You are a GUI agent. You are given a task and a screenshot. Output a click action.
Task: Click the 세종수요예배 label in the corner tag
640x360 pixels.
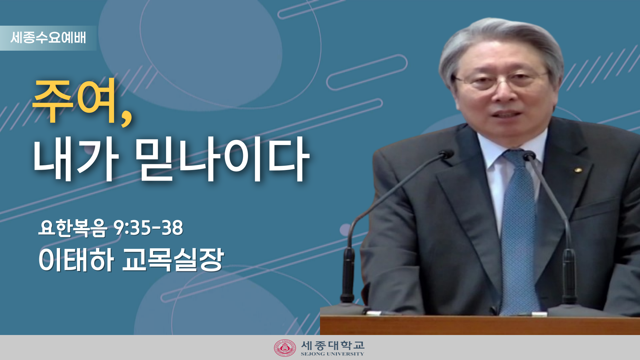click(48, 38)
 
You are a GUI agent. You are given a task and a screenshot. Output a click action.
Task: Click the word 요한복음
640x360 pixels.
click(73, 228)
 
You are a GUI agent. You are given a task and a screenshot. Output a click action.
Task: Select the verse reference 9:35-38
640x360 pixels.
click(148, 228)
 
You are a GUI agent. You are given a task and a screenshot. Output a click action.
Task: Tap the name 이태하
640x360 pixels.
click(76, 260)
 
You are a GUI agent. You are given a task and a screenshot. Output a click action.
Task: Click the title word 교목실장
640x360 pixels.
click(173, 260)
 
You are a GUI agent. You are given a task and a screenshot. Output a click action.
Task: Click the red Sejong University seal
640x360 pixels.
click(285, 348)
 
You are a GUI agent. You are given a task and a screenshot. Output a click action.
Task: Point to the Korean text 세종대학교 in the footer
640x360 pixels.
click(333, 345)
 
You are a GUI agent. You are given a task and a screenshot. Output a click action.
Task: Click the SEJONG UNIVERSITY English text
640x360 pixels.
click(332, 354)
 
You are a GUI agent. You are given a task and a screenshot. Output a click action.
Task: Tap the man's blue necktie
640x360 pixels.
click(519, 233)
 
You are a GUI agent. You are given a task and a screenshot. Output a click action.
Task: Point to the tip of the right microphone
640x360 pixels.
click(529, 155)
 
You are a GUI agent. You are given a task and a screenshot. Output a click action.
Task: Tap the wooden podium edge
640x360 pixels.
click(480, 325)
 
